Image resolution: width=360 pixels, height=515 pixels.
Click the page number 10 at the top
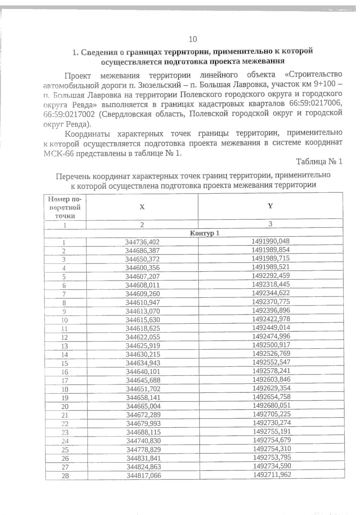coord(193,39)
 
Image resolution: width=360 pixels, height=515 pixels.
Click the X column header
coord(142,207)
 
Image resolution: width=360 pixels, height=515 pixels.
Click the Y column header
coord(270,206)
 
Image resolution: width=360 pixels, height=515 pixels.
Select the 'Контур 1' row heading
coord(205,233)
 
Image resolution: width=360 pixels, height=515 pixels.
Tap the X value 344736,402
coord(142,242)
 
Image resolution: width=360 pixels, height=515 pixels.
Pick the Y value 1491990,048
coord(271,241)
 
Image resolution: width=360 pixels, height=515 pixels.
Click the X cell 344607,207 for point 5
coord(142,277)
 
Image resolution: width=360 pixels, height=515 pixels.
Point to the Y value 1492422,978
coord(271,319)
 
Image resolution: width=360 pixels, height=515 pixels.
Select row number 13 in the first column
coord(64,346)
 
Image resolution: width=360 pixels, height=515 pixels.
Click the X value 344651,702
coord(143,389)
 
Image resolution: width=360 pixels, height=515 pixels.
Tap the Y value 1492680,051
coord(271,406)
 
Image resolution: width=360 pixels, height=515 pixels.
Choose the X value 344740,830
coord(143,441)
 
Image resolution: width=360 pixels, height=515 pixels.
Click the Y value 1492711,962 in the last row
coord(272,475)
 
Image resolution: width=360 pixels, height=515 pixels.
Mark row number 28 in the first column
coord(65,476)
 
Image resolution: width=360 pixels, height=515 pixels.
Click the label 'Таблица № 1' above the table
coord(319,162)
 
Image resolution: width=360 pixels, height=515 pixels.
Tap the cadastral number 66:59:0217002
coord(70,114)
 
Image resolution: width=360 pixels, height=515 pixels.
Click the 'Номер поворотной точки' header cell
coord(65,207)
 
